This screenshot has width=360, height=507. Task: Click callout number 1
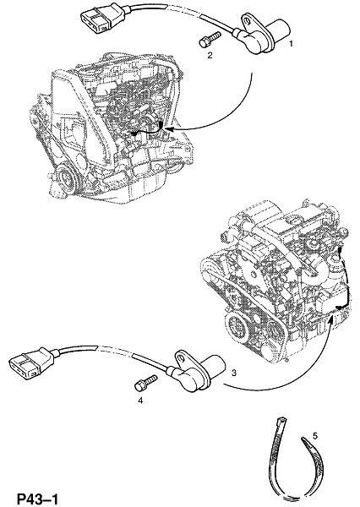tap(291, 43)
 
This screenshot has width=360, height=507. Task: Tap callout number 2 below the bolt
tap(210, 55)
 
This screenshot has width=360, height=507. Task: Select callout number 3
tap(234, 373)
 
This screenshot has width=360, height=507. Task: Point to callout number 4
tap(140, 401)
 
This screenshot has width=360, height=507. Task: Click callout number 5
tap(315, 436)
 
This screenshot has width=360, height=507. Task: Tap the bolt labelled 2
tap(210, 39)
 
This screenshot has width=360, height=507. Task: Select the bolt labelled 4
tap(145, 383)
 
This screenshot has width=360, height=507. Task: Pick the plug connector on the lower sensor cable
tap(33, 363)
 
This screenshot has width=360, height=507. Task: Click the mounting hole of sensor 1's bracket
tap(248, 22)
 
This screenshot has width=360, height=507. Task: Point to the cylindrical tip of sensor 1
tap(280, 30)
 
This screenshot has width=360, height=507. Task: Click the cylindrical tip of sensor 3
tap(215, 367)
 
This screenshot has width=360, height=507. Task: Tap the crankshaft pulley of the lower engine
tap(238, 330)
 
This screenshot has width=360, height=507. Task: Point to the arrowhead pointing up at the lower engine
tap(330, 320)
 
